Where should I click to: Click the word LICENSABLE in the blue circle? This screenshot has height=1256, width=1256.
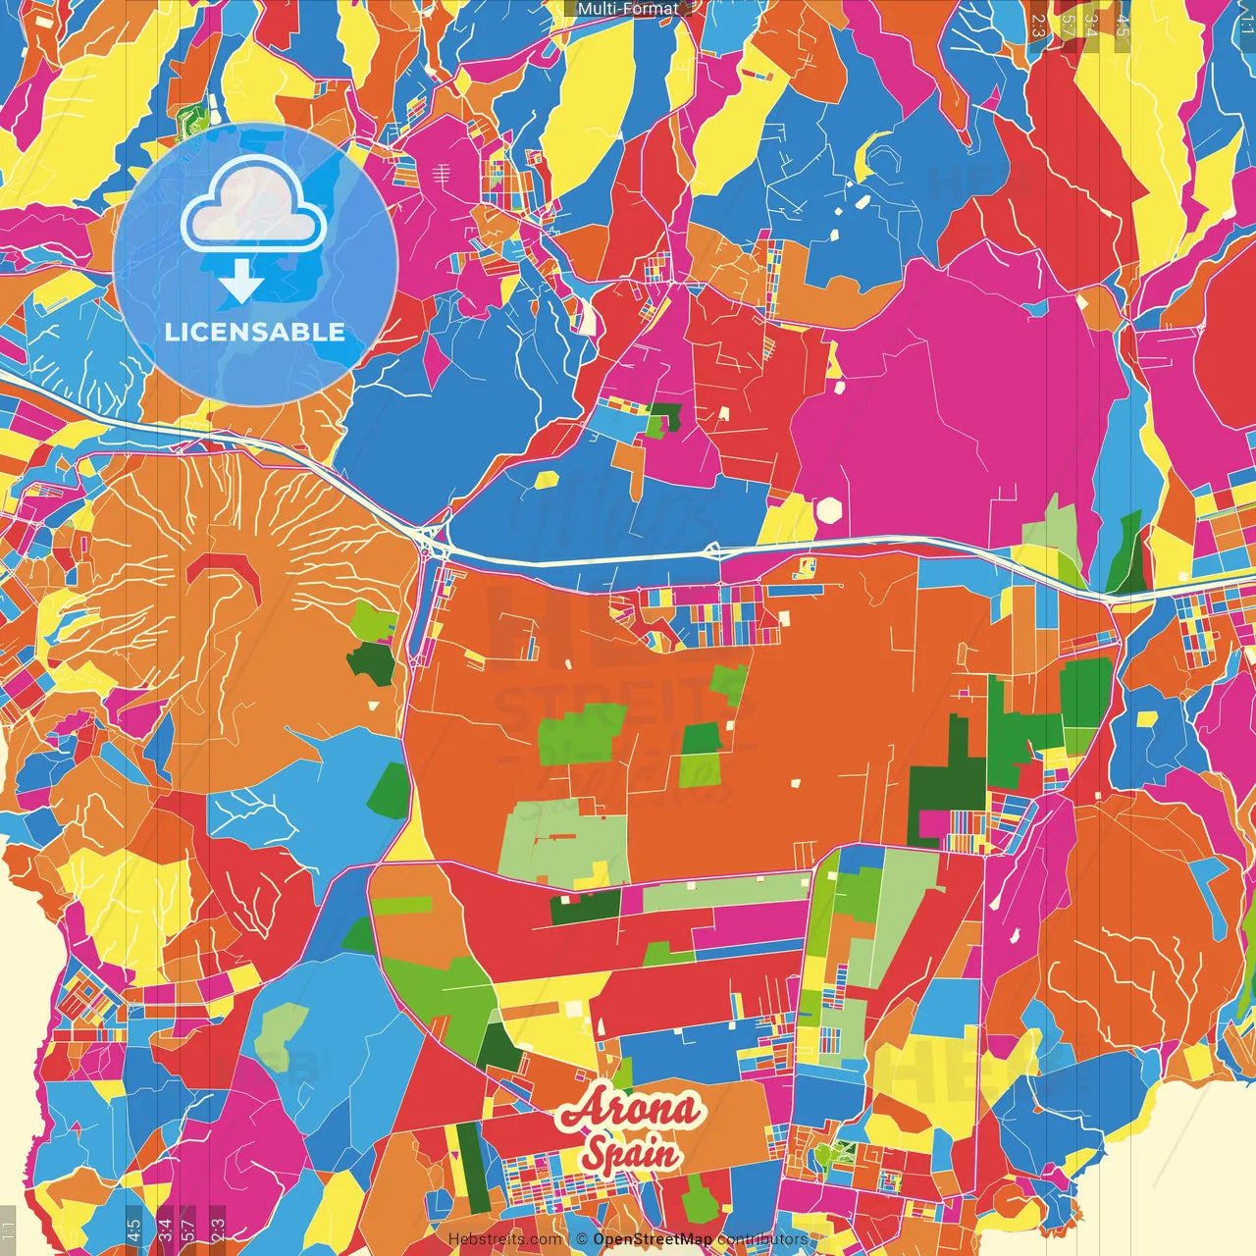[255, 332]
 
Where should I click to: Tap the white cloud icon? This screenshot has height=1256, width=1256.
[254, 207]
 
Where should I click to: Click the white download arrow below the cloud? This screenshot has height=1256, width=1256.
[241, 284]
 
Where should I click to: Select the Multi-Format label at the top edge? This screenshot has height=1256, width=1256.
[628, 9]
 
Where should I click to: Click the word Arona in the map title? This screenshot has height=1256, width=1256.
[629, 1110]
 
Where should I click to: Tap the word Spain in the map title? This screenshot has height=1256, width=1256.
[630, 1152]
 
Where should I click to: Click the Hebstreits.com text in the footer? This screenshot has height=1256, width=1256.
[504, 1239]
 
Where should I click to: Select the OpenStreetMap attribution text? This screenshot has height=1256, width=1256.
[652, 1239]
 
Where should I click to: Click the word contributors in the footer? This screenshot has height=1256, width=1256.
[762, 1239]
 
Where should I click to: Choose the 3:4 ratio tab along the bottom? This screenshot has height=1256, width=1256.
[165, 1229]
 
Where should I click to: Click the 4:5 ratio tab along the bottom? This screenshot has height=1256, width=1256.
[133, 1229]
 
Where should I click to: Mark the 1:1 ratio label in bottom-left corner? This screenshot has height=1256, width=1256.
[8, 1229]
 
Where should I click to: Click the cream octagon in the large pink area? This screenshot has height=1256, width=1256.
[830, 510]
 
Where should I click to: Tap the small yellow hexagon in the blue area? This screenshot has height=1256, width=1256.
[548, 480]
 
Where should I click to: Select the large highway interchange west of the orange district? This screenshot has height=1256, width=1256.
[433, 541]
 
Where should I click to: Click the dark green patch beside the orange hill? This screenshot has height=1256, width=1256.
[371, 663]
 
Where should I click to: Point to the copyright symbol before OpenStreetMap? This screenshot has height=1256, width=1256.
[581, 1239]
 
